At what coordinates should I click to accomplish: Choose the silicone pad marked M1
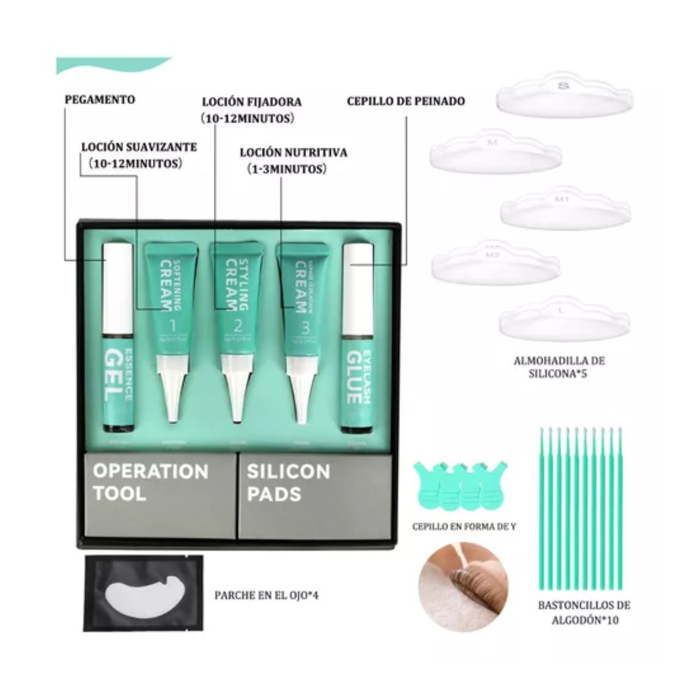click(562, 208)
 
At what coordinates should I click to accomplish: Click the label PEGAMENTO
click(99, 99)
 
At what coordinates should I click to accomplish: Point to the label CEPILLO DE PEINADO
click(406, 101)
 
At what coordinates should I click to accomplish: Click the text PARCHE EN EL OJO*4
click(266, 595)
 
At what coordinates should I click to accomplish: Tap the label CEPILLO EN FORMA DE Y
click(465, 526)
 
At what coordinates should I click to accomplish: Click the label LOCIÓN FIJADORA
click(251, 102)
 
